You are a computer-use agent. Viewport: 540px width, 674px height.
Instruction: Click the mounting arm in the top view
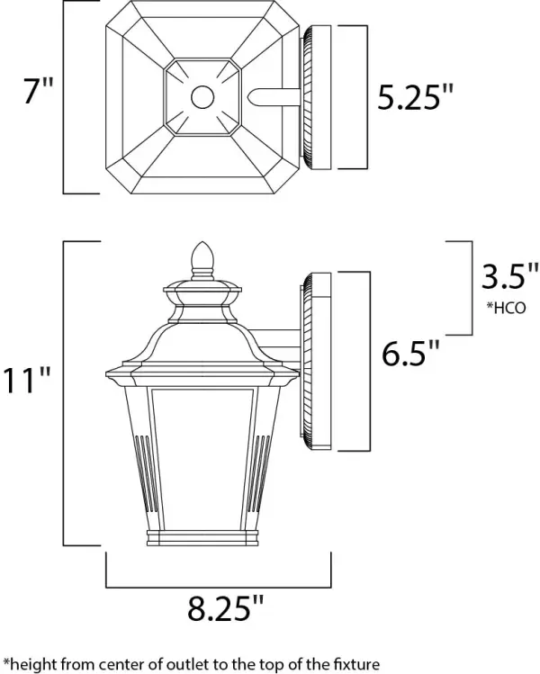point(274,96)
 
